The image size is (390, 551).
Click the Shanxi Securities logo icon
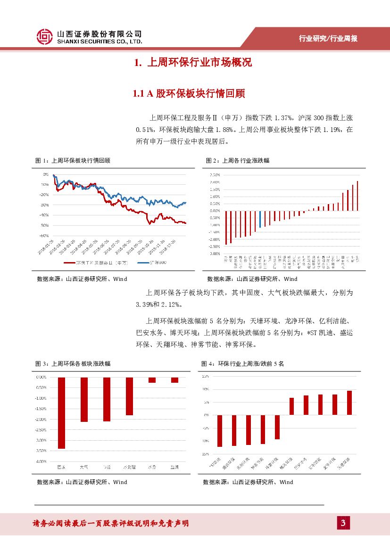(x=45, y=36)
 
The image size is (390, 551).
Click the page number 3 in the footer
(x=343, y=523)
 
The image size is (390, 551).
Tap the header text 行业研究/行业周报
(x=328, y=39)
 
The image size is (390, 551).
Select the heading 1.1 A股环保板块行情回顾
(x=189, y=93)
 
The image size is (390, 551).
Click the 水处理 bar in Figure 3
(x=129, y=396)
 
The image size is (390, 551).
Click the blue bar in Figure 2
(x=260, y=219)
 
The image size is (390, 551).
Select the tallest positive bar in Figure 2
(x=357, y=196)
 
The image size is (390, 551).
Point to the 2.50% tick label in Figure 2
(x=214, y=175)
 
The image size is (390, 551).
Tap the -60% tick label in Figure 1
(x=44, y=236)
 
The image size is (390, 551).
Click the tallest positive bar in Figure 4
(x=349, y=403)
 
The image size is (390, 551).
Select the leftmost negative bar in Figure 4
(x=220, y=431)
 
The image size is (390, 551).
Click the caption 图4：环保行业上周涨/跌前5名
(x=242, y=363)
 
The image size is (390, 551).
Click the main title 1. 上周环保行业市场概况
(x=192, y=62)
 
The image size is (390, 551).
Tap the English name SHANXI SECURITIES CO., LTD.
(x=99, y=41)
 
